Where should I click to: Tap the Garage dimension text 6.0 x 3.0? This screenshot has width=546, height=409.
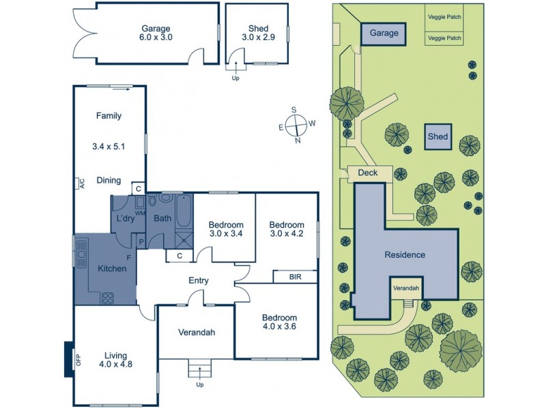pos(156,39)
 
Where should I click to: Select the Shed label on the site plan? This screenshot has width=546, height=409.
pos(437,136)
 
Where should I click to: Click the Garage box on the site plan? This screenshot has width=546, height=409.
pos(384,33)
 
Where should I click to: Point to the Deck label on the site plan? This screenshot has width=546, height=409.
pos(368,173)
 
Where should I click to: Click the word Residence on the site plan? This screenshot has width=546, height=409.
pos(405,255)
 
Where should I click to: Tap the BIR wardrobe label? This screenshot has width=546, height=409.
pos(295,277)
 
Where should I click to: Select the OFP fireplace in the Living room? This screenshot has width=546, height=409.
pos(68,359)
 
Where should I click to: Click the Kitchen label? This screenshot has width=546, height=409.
pos(112,269)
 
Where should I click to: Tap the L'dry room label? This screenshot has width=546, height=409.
pos(126,219)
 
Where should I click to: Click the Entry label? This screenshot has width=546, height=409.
pos(199,280)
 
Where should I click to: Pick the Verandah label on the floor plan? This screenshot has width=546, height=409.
pos(197,333)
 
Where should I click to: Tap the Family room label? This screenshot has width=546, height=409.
pos(109,116)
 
